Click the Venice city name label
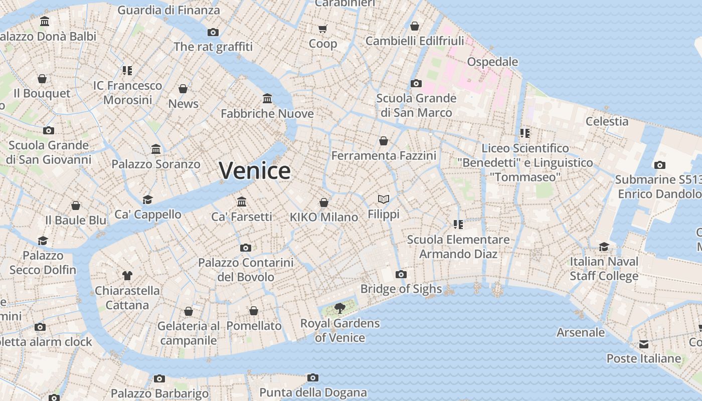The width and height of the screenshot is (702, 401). (x=255, y=170)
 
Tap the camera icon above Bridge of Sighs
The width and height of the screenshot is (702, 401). (x=401, y=274)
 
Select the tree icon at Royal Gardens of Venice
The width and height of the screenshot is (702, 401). (x=340, y=308)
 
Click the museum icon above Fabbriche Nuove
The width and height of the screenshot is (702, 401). (x=267, y=98)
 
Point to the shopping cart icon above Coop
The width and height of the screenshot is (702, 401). (x=323, y=29)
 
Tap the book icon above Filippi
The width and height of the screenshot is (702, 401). (x=384, y=199)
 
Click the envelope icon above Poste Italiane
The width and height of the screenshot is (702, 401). (x=643, y=344)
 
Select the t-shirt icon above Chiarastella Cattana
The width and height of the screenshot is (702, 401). (x=127, y=275)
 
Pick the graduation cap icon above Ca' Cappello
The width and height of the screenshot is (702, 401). (x=147, y=199)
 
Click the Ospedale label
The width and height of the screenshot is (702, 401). (x=492, y=62)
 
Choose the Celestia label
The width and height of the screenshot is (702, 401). (x=607, y=121)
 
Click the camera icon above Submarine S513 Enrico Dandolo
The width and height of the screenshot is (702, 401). (x=659, y=165)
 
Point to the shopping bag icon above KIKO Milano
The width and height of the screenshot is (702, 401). (x=324, y=203)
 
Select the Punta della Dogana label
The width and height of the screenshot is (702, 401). (x=313, y=392)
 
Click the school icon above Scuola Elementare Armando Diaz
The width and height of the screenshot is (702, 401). (x=458, y=224)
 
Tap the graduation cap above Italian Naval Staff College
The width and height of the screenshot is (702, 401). (x=604, y=247)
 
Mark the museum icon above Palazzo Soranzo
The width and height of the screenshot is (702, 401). (x=156, y=149)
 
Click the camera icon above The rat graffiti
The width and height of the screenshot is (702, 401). (x=213, y=32)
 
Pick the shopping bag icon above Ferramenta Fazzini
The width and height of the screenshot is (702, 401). (x=384, y=141)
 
